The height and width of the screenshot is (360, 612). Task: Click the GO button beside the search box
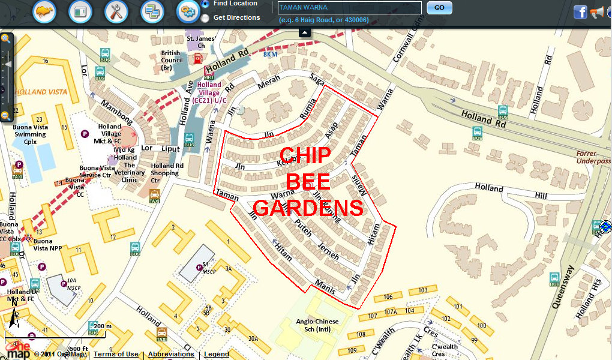coord(439,8)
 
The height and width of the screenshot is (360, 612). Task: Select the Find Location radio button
coord(205,4)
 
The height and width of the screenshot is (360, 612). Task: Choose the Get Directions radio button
coord(205,18)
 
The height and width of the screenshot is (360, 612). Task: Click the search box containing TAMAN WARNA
coord(350,8)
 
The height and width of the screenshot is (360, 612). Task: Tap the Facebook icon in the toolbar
coord(580,11)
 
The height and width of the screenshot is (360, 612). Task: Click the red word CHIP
coord(305,155)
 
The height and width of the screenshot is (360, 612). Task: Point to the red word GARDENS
coord(308,208)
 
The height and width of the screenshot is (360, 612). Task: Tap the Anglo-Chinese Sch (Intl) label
coord(317,325)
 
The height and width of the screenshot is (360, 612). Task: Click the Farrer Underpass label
coord(593,157)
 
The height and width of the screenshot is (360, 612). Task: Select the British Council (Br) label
coord(171,61)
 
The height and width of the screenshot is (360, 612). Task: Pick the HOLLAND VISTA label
coord(41,92)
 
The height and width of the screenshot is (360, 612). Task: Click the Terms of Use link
coord(116,354)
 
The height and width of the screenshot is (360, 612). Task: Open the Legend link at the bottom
coord(217,354)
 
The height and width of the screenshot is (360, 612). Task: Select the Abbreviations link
coord(171,354)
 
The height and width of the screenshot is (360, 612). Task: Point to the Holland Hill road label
coord(511,191)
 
